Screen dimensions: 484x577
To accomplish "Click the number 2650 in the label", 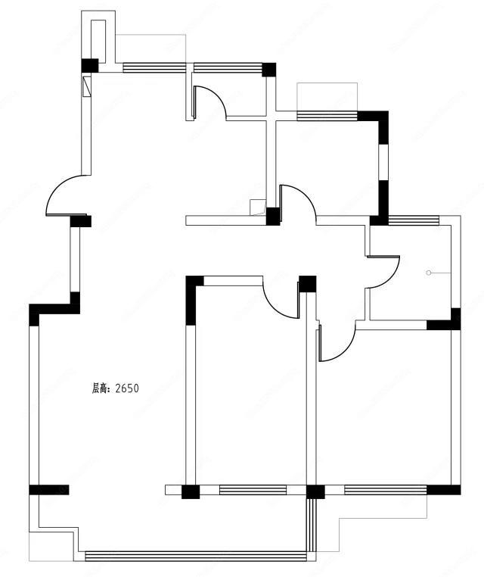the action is (x=127, y=388).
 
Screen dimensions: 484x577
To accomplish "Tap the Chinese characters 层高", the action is (x=100, y=388).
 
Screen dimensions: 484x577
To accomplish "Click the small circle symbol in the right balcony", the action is (x=429, y=273).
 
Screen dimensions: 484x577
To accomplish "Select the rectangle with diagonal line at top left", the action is (x=87, y=86).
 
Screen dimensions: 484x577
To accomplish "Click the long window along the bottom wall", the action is (x=196, y=556).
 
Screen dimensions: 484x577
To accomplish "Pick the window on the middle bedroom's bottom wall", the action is (x=253, y=490).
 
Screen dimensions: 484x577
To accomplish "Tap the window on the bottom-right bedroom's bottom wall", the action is (x=386, y=490).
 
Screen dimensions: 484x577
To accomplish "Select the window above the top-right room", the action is (x=327, y=116).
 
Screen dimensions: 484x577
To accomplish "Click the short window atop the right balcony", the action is (x=414, y=220).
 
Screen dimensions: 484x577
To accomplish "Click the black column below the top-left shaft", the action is (x=90, y=66).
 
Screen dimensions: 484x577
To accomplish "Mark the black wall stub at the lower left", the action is (x=49, y=490).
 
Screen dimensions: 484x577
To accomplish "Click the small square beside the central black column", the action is (x=258, y=207).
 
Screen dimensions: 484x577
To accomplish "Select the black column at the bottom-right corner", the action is (x=444, y=490).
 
